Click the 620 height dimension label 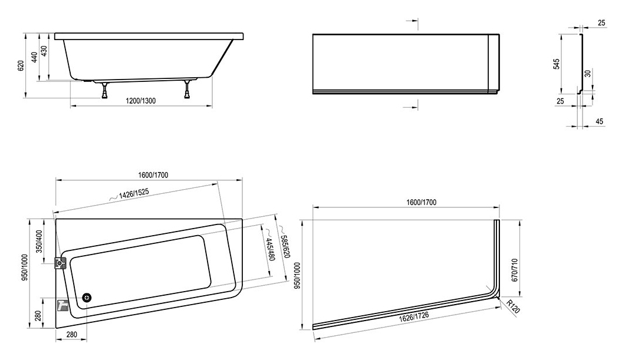coord(21,65)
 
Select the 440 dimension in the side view coord(34,57)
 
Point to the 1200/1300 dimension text coord(141,101)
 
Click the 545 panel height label coord(557,64)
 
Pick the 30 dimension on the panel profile coord(587,74)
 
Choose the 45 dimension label coord(600,121)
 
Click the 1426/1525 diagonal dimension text coord(133,193)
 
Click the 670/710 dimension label coord(514,270)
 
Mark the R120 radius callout coord(514,306)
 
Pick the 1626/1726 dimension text coord(414,315)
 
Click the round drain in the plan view coord(87,298)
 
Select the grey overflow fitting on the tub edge coord(60,263)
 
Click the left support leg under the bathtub coord(105,90)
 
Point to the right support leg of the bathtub coord(187,90)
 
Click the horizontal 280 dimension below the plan coord(71,335)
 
